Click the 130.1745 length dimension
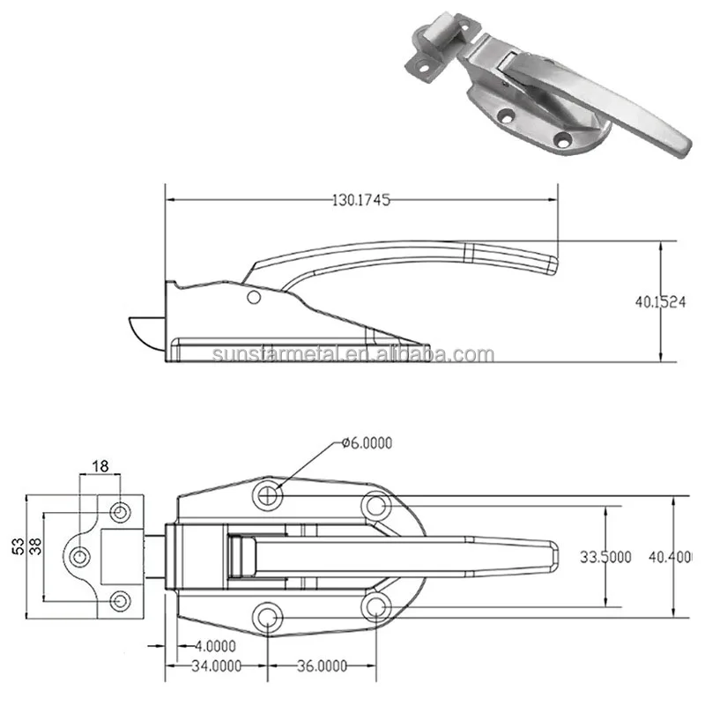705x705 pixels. [361, 200]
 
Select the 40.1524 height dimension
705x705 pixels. [659, 301]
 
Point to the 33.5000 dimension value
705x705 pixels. [605, 557]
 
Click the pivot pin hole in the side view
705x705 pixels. [254, 298]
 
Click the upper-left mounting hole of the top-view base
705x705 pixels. [269, 494]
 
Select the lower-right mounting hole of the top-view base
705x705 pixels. [376, 606]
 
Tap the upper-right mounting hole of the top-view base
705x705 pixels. [376, 505]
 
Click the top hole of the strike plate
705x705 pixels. [120, 510]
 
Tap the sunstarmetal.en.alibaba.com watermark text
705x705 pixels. [352, 354]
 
